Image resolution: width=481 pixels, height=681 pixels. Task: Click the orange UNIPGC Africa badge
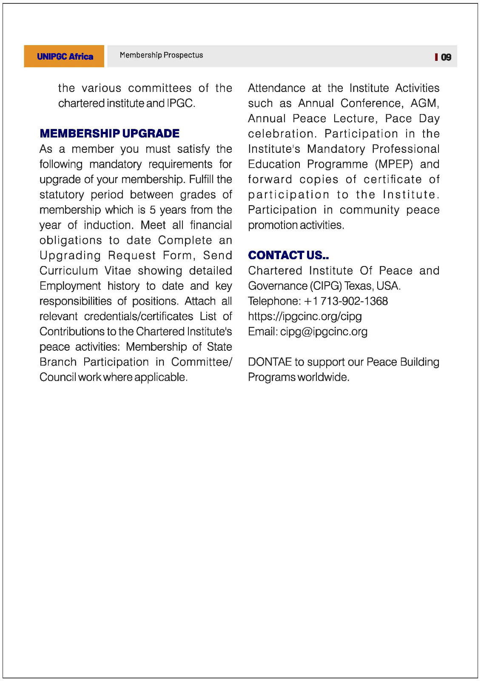(64, 56)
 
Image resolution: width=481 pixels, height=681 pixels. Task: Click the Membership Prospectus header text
(161, 55)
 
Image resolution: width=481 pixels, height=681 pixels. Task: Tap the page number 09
(446, 57)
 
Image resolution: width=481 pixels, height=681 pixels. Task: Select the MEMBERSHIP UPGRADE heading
(109, 133)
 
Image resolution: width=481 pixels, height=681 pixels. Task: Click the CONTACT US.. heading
(288, 255)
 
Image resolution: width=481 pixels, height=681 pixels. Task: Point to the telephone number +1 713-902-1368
(346, 301)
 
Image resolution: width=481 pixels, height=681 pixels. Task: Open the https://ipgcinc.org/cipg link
(305, 316)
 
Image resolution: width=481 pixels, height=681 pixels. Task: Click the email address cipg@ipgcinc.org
(324, 332)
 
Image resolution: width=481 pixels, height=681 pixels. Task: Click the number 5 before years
(153, 209)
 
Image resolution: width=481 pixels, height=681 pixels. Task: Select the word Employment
(70, 286)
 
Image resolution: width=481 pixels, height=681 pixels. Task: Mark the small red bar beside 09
(436, 57)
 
